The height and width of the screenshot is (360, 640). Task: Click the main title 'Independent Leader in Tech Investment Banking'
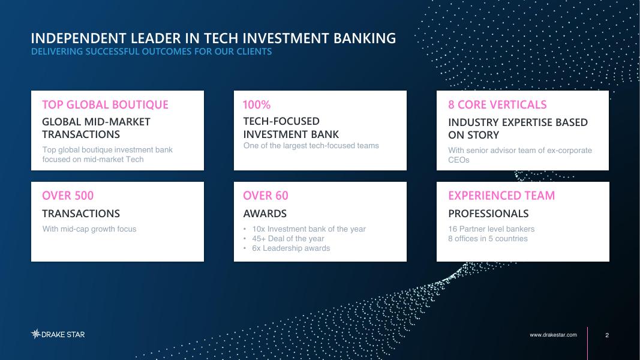pyautogui.click(x=214, y=38)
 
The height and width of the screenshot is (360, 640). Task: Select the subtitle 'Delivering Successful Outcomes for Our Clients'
pyautogui.click(x=151, y=52)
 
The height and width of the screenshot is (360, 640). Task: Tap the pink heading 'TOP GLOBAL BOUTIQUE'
pyautogui.click(x=106, y=105)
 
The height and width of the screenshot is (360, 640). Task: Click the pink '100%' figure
pyautogui.click(x=257, y=105)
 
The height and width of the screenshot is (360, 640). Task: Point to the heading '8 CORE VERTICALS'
pyautogui.click(x=497, y=105)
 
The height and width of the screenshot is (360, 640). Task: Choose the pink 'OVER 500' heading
pyautogui.click(x=68, y=196)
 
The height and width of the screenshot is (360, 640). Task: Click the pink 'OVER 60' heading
pyautogui.click(x=266, y=196)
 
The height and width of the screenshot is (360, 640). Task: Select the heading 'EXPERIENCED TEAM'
pyautogui.click(x=501, y=196)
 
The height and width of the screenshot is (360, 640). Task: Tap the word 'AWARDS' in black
pyautogui.click(x=265, y=214)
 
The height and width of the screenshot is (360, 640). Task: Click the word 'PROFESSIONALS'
pyautogui.click(x=488, y=214)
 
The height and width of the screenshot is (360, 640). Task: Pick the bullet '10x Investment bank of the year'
pyautogui.click(x=308, y=229)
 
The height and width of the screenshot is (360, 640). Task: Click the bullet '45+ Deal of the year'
pyautogui.click(x=288, y=238)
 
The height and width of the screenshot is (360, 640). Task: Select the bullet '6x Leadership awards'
pyautogui.click(x=291, y=248)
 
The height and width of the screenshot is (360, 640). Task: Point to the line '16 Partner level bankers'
pyautogui.click(x=491, y=229)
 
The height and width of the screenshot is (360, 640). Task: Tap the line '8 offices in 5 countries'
pyautogui.click(x=488, y=238)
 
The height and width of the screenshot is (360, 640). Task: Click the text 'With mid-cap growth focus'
pyautogui.click(x=89, y=229)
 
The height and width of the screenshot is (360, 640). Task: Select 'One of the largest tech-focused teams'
pyautogui.click(x=311, y=146)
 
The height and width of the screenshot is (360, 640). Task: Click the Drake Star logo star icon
pyautogui.click(x=36, y=334)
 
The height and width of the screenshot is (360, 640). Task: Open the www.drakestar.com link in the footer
pyautogui.click(x=553, y=335)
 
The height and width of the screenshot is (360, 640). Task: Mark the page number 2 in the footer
pyautogui.click(x=607, y=335)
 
